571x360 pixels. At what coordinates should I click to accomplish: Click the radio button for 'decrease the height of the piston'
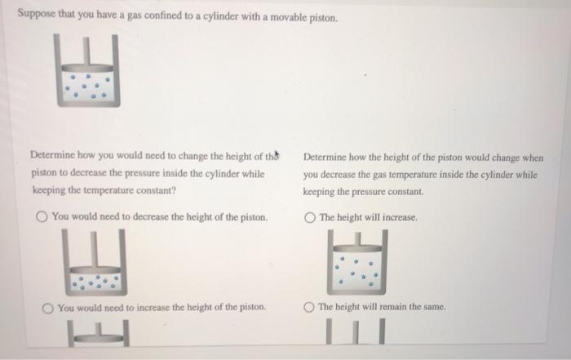42,217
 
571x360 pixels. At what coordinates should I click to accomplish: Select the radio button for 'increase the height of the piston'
48,307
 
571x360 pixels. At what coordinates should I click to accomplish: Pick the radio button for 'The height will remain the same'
309,307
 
